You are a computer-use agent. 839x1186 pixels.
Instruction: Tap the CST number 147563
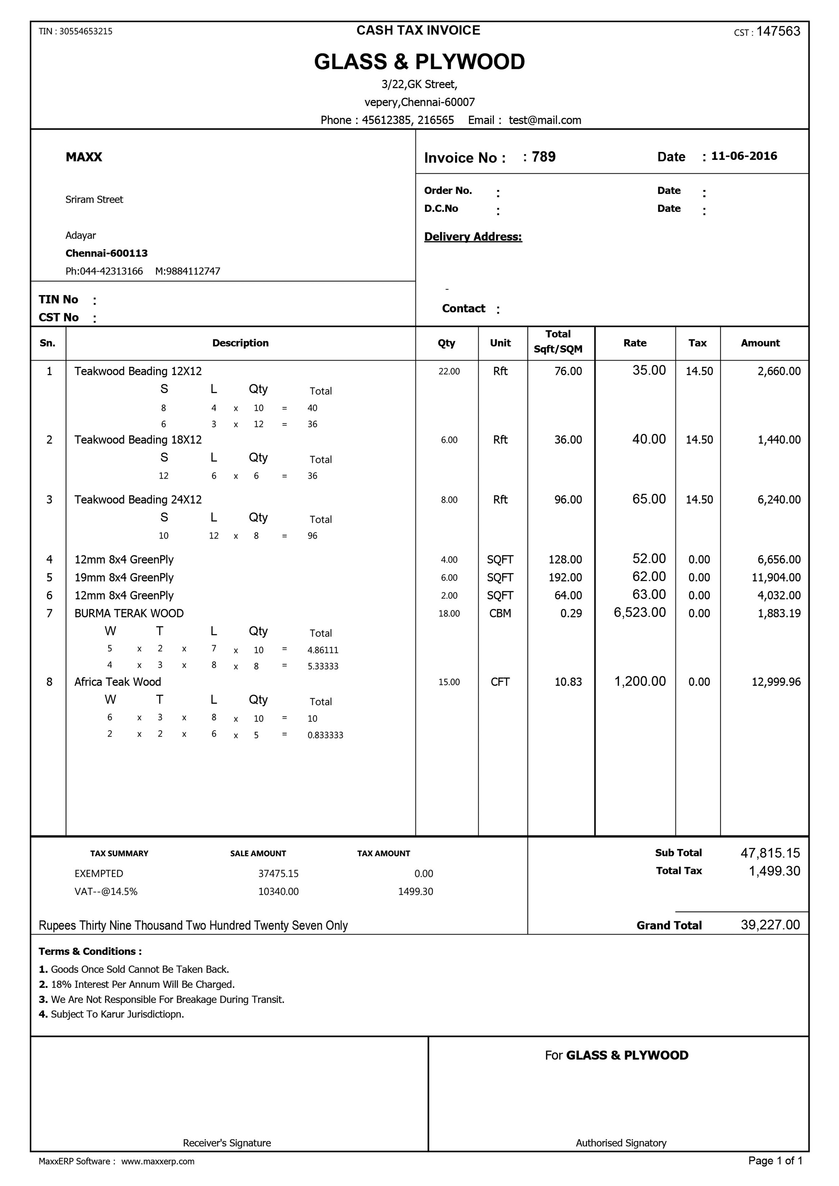pyautogui.click(x=778, y=31)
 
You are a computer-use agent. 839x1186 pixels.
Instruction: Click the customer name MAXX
pyautogui.click(x=84, y=157)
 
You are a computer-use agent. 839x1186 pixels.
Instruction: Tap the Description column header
pyautogui.click(x=240, y=343)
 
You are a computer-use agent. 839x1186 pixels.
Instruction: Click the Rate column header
pyautogui.click(x=635, y=343)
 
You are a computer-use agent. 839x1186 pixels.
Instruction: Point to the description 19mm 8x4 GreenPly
pyautogui.click(x=124, y=577)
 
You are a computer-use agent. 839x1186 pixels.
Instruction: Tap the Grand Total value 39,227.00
pyautogui.click(x=770, y=925)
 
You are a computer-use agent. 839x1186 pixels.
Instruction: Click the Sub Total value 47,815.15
pyautogui.click(x=770, y=853)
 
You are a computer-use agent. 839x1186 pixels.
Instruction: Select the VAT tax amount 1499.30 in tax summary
pyautogui.click(x=415, y=892)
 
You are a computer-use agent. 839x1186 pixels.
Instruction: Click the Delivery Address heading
pyautogui.click(x=473, y=237)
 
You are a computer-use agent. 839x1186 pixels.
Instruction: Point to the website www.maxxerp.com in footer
pyautogui.click(x=158, y=1161)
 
